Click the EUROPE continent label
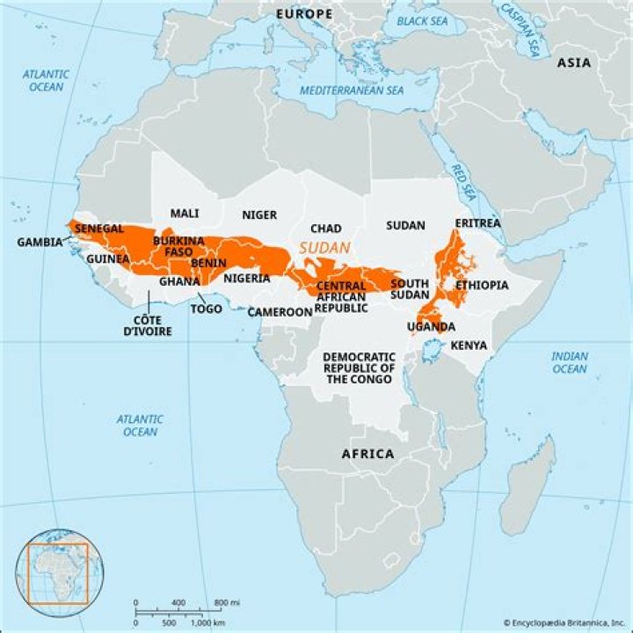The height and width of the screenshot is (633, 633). (304, 14)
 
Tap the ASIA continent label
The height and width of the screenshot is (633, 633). (574, 62)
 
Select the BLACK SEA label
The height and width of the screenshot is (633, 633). (422, 20)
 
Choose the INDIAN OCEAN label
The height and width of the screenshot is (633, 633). (569, 362)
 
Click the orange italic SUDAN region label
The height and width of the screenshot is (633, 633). (324, 248)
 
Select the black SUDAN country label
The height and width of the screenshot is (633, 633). (405, 225)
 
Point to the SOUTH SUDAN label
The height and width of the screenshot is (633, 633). (409, 288)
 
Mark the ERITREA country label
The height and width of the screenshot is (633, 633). (477, 223)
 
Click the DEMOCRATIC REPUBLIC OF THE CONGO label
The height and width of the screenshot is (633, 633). (359, 367)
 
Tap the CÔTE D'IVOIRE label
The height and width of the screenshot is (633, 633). (146, 325)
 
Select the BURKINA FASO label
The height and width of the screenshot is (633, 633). (178, 246)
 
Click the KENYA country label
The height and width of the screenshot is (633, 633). (469, 346)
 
